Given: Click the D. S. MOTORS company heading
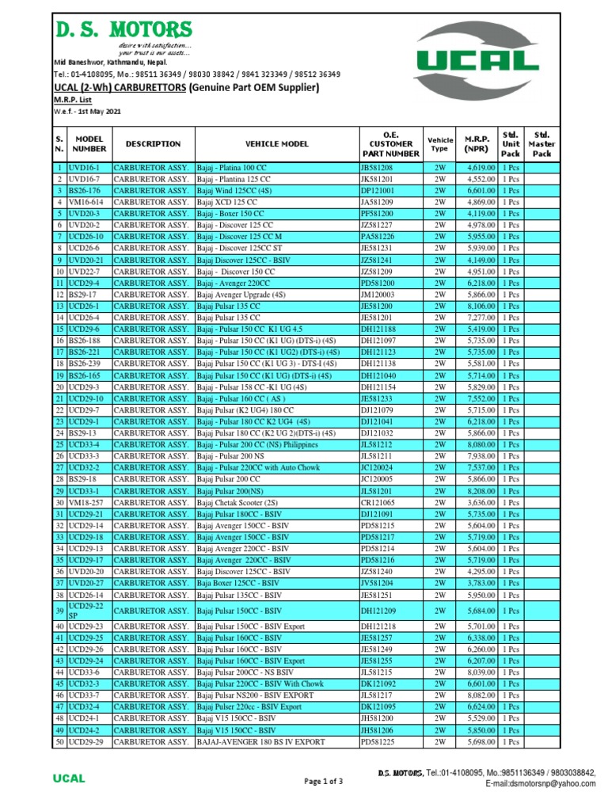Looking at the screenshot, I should point(123,30).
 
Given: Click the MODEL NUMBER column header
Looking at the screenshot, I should point(89,143).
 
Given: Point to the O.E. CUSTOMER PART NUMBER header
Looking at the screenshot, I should point(390,143).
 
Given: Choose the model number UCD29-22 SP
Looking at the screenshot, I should point(87,610).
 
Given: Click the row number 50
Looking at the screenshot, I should point(59,741).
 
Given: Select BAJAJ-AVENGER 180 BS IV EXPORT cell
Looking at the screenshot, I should point(260,741).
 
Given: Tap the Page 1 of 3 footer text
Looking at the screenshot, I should point(324,782).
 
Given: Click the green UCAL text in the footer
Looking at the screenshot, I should point(69,779).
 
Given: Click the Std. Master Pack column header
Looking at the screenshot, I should point(541,143).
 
